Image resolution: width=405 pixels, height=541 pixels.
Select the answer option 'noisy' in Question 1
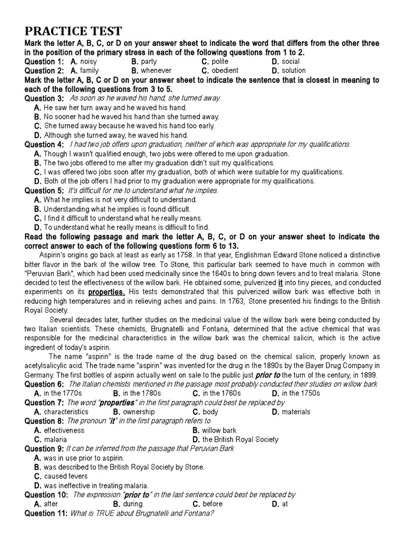click(88, 62)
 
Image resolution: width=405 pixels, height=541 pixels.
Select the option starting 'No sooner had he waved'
click(132, 116)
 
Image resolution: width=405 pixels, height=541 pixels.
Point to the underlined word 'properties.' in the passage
click(107, 291)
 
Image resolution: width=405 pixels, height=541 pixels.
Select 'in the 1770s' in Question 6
click(63, 394)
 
